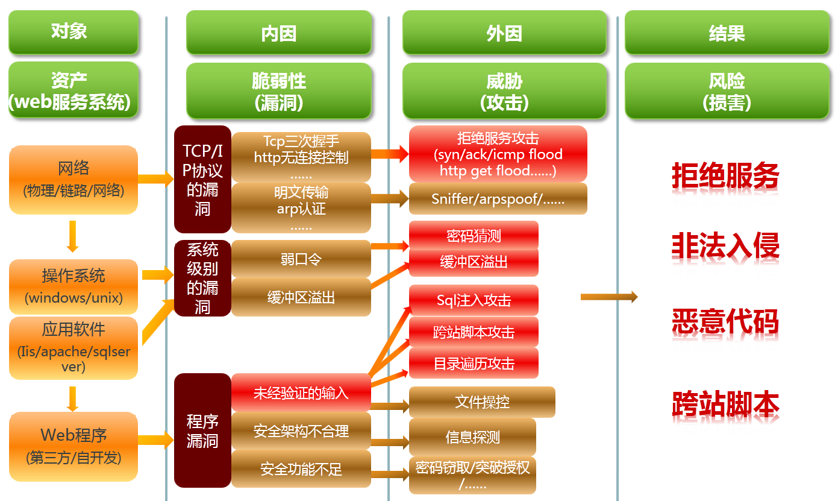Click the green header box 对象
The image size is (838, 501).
[73, 32]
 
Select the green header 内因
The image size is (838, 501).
[278, 33]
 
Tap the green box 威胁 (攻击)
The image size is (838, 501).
[504, 91]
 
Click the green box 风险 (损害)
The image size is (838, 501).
[727, 91]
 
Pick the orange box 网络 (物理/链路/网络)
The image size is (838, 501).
[73, 179]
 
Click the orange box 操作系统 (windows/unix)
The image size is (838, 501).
[73, 285]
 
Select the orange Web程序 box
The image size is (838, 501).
[73, 446]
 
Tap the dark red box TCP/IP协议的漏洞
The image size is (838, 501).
[202, 179]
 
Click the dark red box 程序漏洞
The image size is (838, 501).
[202, 430]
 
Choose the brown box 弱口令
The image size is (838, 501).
[301, 259]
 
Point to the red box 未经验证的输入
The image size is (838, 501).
[301, 393]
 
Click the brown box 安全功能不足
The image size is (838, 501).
[301, 468]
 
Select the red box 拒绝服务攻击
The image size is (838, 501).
[498, 154]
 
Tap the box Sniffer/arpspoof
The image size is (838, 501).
[498, 199]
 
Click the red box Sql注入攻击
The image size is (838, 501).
[474, 300]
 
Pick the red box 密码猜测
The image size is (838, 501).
[474, 235]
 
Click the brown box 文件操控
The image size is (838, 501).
[482, 402]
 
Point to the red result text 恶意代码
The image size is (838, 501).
[725, 322]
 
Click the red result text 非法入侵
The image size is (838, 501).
[725, 246]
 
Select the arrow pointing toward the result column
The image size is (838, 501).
[608, 297]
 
